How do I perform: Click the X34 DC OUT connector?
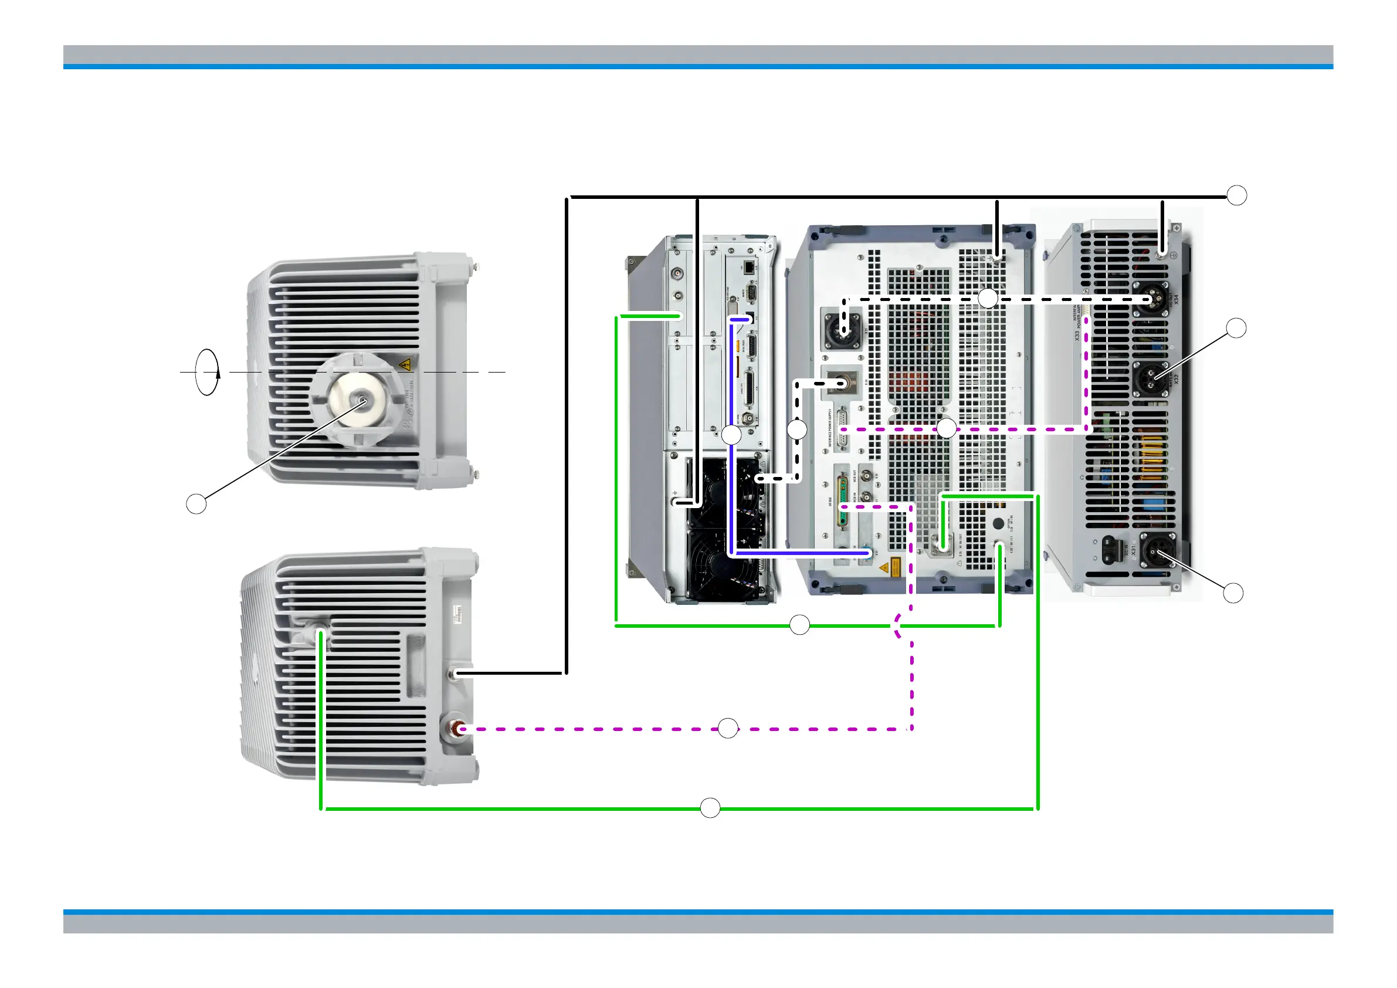click(1150, 299)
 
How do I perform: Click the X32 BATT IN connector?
click(1151, 378)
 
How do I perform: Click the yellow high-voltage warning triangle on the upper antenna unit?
click(403, 366)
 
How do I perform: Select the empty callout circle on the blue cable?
click(731, 435)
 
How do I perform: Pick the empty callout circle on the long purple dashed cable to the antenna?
click(728, 728)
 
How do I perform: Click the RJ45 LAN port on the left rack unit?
click(748, 266)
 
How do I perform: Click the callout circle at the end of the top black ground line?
click(1236, 195)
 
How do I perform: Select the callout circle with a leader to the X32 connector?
click(1236, 328)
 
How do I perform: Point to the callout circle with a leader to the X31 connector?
click(1233, 593)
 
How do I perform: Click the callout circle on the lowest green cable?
click(710, 808)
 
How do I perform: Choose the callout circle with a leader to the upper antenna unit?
click(196, 504)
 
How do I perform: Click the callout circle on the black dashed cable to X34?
click(988, 298)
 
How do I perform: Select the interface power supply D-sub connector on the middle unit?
click(843, 430)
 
